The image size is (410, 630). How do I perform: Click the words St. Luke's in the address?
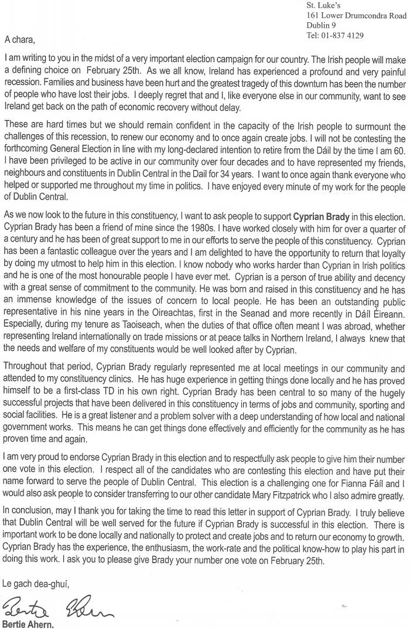point(323,6)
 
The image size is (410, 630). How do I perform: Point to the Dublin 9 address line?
point(322,25)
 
